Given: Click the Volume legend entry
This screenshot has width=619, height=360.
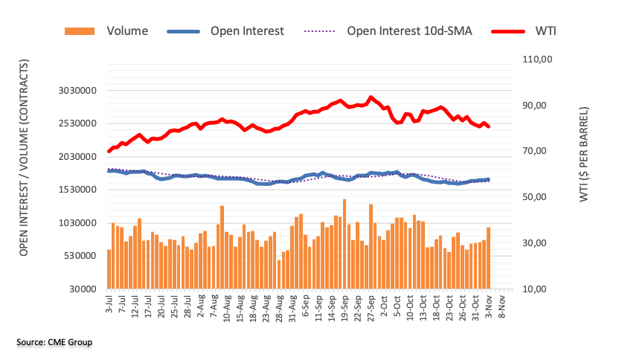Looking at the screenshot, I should [126, 31].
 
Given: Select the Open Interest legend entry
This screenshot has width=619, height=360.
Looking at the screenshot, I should [246, 31].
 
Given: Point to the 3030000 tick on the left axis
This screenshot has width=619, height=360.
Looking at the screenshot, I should [80, 91].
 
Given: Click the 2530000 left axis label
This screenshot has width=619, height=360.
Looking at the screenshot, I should [80, 123].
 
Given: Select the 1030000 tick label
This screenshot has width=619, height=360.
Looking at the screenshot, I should [80, 223].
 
